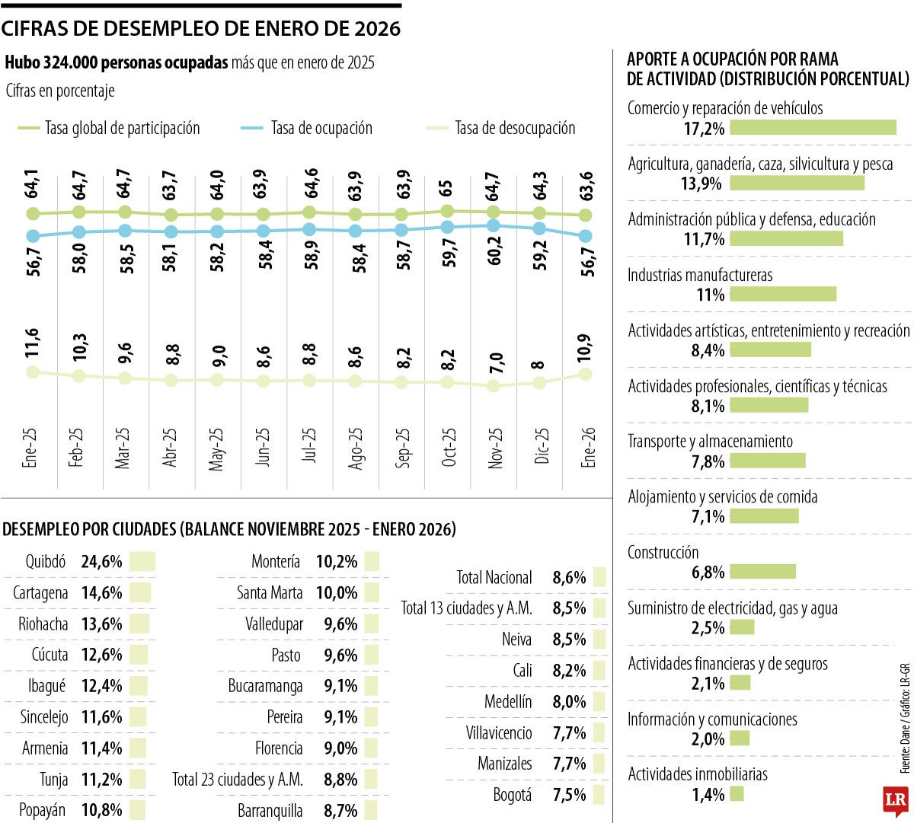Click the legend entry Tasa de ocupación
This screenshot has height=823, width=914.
(x=321, y=129)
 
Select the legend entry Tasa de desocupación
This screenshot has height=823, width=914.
(x=515, y=129)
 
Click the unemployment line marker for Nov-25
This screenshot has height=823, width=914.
(x=494, y=386)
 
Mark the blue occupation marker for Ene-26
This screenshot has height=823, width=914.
(x=586, y=236)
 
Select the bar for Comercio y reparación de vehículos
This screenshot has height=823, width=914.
(x=813, y=127)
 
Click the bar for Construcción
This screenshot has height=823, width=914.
(x=762, y=572)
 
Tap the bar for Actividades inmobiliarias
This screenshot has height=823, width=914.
(x=736, y=794)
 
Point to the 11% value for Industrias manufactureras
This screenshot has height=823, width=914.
(x=710, y=295)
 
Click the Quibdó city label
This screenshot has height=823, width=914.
(x=46, y=562)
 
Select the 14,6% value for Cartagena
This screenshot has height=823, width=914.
(x=101, y=593)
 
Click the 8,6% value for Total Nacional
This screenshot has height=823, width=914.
(x=569, y=578)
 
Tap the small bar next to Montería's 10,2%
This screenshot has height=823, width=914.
(x=371, y=562)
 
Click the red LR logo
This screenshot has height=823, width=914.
(x=895, y=800)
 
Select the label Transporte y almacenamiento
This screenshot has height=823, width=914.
(x=710, y=442)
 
